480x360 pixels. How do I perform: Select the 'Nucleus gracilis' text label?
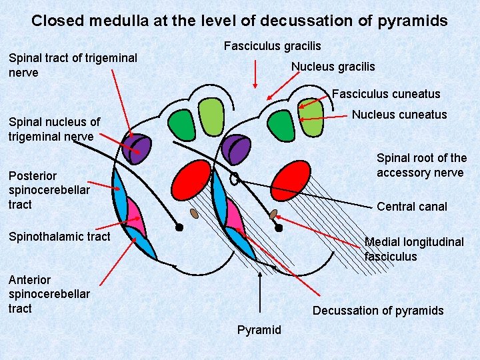pyautogui.click(x=333, y=67)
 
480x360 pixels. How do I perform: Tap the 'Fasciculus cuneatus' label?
pyautogui.click(x=386, y=94)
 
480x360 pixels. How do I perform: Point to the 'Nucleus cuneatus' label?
pyautogui.click(x=399, y=115)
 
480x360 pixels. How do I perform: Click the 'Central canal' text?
pyautogui.click(x=411, y=207)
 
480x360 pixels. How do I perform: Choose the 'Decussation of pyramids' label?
pyautogui.click(x=377, y=311)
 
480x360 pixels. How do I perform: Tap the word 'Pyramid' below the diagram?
pyautogui.click(x=259, y=330)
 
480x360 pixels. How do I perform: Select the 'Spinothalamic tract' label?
pyautogui.click(x=59, y=236)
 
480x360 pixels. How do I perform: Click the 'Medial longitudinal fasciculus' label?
pyautogui.click(x=413, y=249)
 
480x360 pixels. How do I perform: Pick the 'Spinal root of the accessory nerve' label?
pyautogui.click(x=421, y=165)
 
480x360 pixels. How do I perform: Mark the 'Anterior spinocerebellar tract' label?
pyautogui.click(x=49, y=294)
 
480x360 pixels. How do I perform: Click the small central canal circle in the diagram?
pyautogui.click(x=234, y=179)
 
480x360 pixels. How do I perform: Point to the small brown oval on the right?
pyautogui.click(x=273, y=214)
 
